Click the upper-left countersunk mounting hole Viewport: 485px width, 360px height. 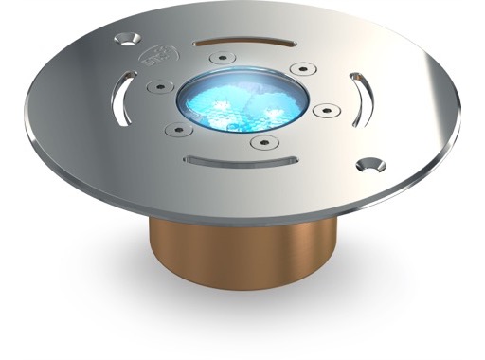124,40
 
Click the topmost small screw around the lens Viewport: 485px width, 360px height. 220,58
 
